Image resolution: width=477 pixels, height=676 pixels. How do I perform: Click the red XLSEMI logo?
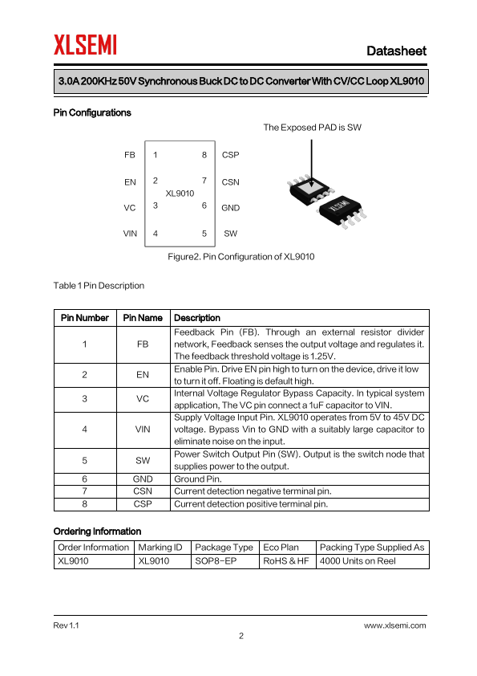click(x=85, y=45)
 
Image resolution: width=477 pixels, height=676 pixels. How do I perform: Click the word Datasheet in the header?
click(x=396, y=51)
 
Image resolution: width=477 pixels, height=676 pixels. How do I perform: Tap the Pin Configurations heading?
click(x=92, y=112)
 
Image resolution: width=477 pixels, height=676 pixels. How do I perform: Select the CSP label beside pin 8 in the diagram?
click(x=230, y=155)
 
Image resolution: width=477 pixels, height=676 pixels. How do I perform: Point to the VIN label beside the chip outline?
click(x=130, y=234)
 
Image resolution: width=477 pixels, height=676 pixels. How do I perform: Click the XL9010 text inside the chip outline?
click(x=180, y=193)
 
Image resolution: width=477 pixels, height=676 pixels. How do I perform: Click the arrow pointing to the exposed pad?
click(x=311, y=163)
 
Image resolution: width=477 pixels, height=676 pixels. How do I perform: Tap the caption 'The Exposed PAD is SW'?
click(x=312, y=127)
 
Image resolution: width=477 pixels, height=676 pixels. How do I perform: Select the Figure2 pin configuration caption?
click(x=241, y=257)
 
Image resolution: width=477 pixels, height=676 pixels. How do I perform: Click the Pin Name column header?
click(x=143, y=318)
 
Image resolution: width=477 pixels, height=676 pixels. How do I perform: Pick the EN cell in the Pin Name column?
click(x=143, y=375)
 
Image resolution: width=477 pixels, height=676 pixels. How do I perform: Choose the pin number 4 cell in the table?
click(x=84, y=429)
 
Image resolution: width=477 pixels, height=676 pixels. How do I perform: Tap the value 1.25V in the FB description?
click(x=322, y=356)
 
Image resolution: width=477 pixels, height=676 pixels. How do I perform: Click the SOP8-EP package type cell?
click(x=216, y=561)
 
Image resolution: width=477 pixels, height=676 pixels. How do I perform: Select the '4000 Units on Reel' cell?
click(x=358, y=561)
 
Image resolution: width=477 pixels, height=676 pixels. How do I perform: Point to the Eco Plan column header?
click(x=281, y=547)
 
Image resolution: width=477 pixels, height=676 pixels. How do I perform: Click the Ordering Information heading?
click(x=97, y=531)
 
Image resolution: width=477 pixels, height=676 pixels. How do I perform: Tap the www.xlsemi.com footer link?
click(x=394, y=625)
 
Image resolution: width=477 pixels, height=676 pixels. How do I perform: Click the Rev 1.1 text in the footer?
click(x=66, y=625)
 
